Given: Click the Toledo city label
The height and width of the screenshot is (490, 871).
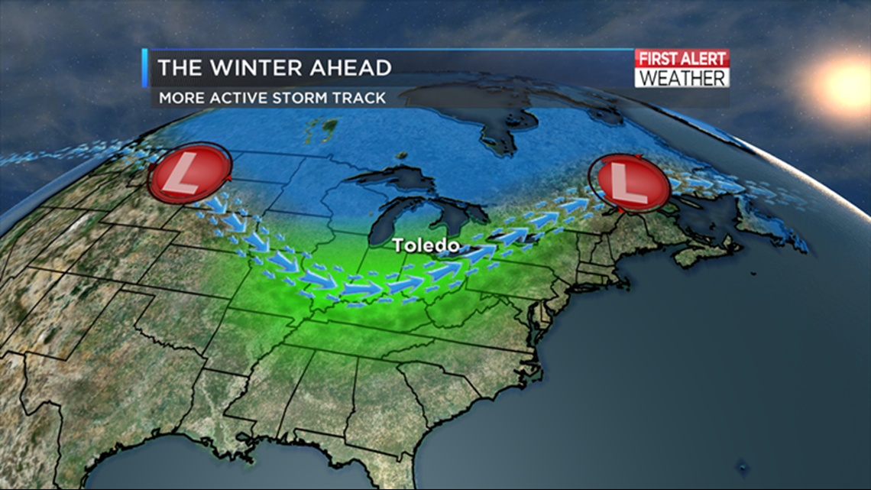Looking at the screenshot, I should (426, 245).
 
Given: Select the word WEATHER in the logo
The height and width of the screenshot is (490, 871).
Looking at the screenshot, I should (682, 77).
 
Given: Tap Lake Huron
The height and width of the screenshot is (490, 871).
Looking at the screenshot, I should (451, 218).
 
